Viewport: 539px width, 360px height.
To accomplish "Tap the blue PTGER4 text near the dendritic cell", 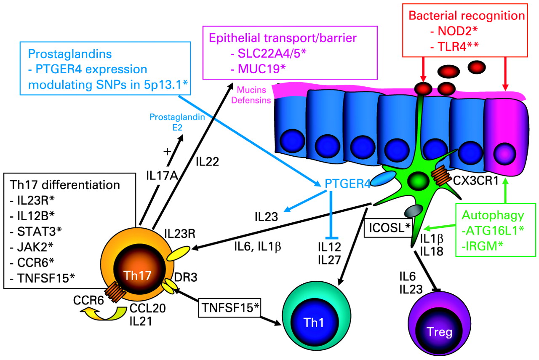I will point(342,184).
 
